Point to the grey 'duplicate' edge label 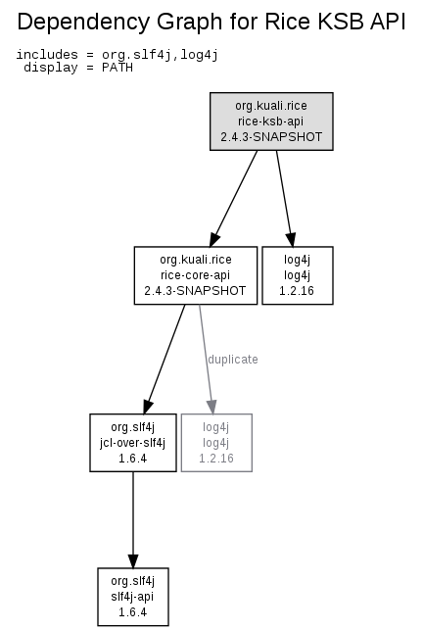click(233, 359)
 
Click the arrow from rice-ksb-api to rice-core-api click(234, 198)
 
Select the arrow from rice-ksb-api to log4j click(285, 198)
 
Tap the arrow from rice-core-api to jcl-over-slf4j click(164, 359)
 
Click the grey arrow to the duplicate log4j click(206, 359)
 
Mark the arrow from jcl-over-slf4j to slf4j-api click(133, 520)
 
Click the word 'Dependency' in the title click(83, 23)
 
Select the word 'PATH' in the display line click(117, 68)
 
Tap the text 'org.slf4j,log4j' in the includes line click(160, 55)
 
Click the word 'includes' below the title click(47, 54)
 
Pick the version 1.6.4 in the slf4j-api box click(133, 612)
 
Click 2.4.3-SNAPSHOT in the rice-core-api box click(195, 291)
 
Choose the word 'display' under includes click(51, 68)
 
